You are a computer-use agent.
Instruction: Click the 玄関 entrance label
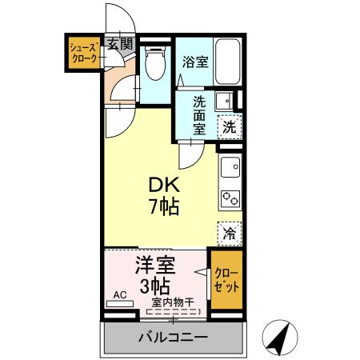tap(121, 44)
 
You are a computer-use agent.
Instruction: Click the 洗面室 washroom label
tap(201, 114)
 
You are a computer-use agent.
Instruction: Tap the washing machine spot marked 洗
tap(229, 126)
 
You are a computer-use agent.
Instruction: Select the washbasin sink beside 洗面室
tap(226, 101)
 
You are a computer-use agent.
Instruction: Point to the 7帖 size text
tap(163, 206)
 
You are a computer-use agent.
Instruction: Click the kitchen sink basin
tap(230, 167)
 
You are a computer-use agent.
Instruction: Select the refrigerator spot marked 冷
tap(230, 234)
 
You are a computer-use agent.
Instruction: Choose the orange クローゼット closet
tap(225, 281)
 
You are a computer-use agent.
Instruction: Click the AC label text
tap(120, 294)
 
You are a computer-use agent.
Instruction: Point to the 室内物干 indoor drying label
tap(173, 301)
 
